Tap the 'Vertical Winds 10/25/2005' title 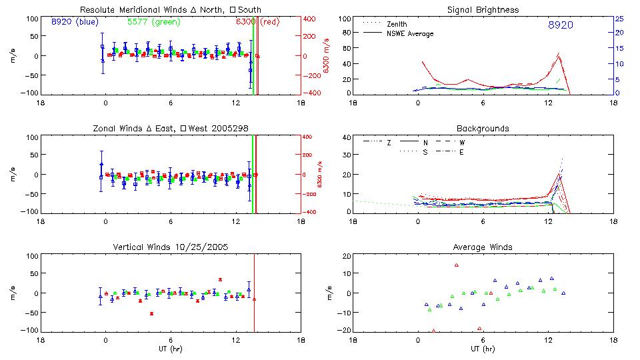pos(171,247)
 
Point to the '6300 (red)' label pos(257,22)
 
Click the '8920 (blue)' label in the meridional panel pos(74,22)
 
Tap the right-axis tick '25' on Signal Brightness pos(619,19)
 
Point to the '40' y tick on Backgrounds pos(346,137)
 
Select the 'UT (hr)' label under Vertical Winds pos(171,349)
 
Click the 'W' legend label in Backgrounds pos(462,142)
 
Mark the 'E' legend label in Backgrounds pos(462,152)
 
